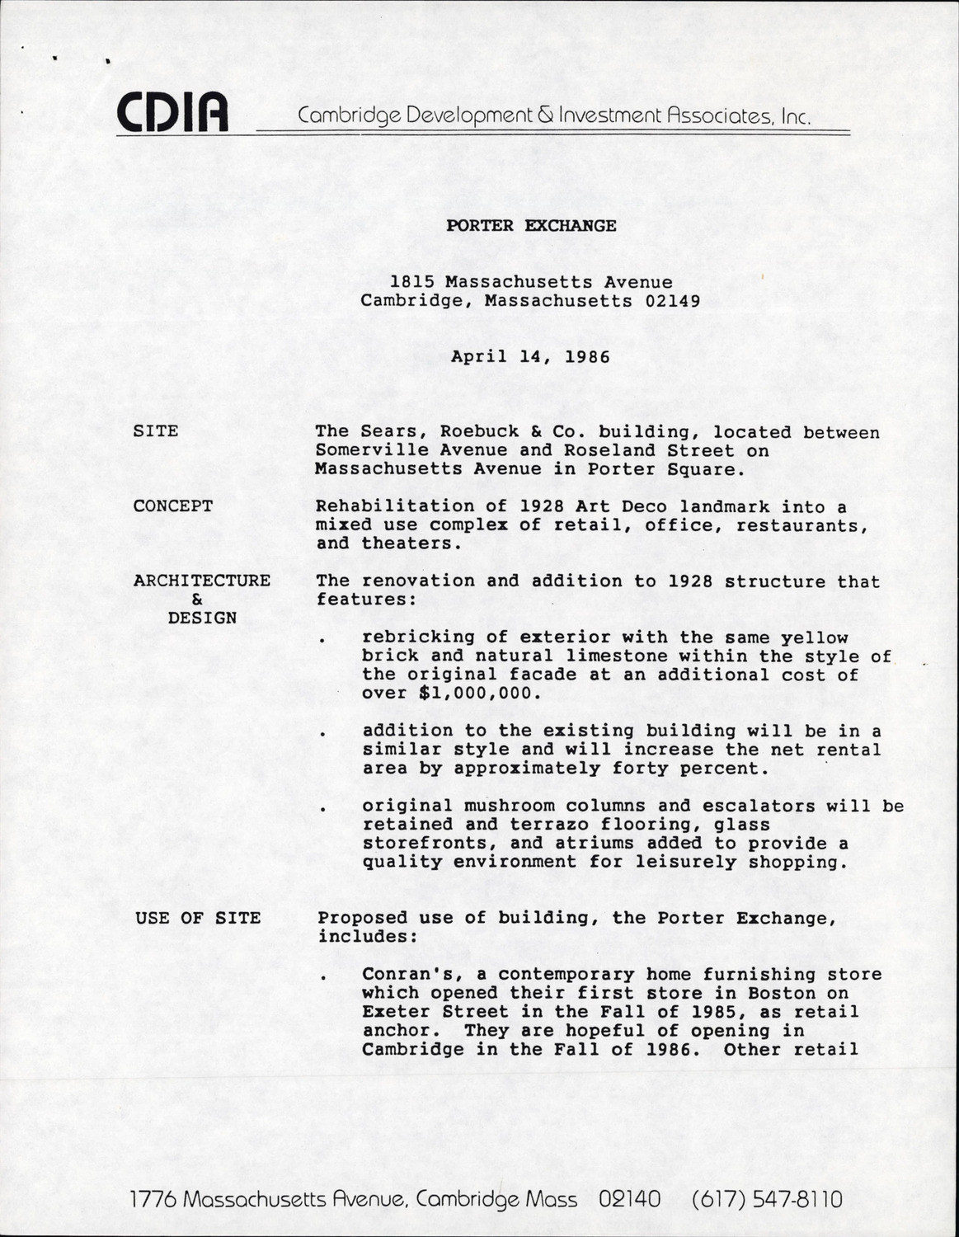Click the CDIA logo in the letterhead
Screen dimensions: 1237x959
tap(172, 113)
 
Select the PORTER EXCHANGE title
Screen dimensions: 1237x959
tap(531, 225)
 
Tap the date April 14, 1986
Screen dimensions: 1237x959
tap(530, 358)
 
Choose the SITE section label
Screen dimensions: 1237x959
tap(156, 431)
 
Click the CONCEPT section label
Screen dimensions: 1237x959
tap(173, 506)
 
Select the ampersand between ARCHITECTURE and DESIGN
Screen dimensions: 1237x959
tap(197, 600)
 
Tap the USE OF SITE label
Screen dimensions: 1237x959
tap(198, 918)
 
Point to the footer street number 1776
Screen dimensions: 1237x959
tap(153, 1198)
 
